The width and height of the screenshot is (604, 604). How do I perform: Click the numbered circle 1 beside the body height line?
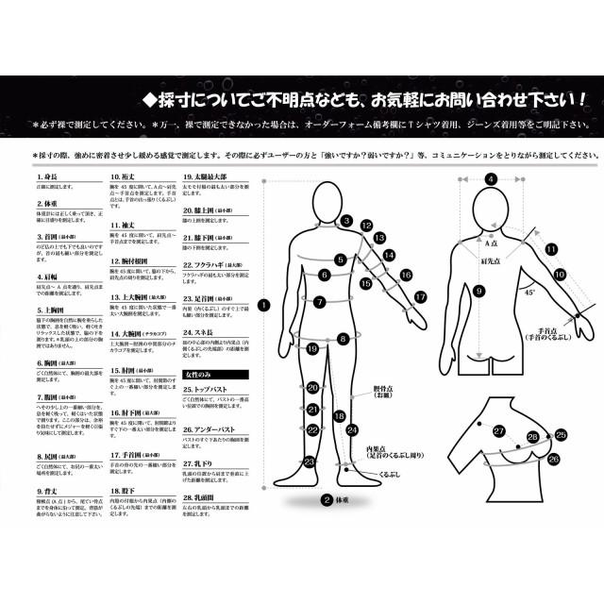(x=262, y=305)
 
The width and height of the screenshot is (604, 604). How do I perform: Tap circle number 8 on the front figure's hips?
(x=344, y=337)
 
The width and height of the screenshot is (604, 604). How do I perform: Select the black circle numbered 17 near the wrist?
(x=421, y=296)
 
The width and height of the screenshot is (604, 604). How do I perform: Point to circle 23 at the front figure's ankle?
(x=309, y=461)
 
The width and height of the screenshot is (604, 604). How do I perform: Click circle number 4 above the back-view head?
(x=491, y=177)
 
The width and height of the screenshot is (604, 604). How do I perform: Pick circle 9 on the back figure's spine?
(x=479, y=292)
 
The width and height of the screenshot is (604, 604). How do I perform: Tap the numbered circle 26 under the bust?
(x=553, y=459)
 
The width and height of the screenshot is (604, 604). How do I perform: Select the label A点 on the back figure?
(x=489, y=217)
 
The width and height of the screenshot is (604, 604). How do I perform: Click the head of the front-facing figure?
(x=327, y=193)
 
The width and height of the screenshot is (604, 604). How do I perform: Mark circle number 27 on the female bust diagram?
(x=498, y=430)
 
